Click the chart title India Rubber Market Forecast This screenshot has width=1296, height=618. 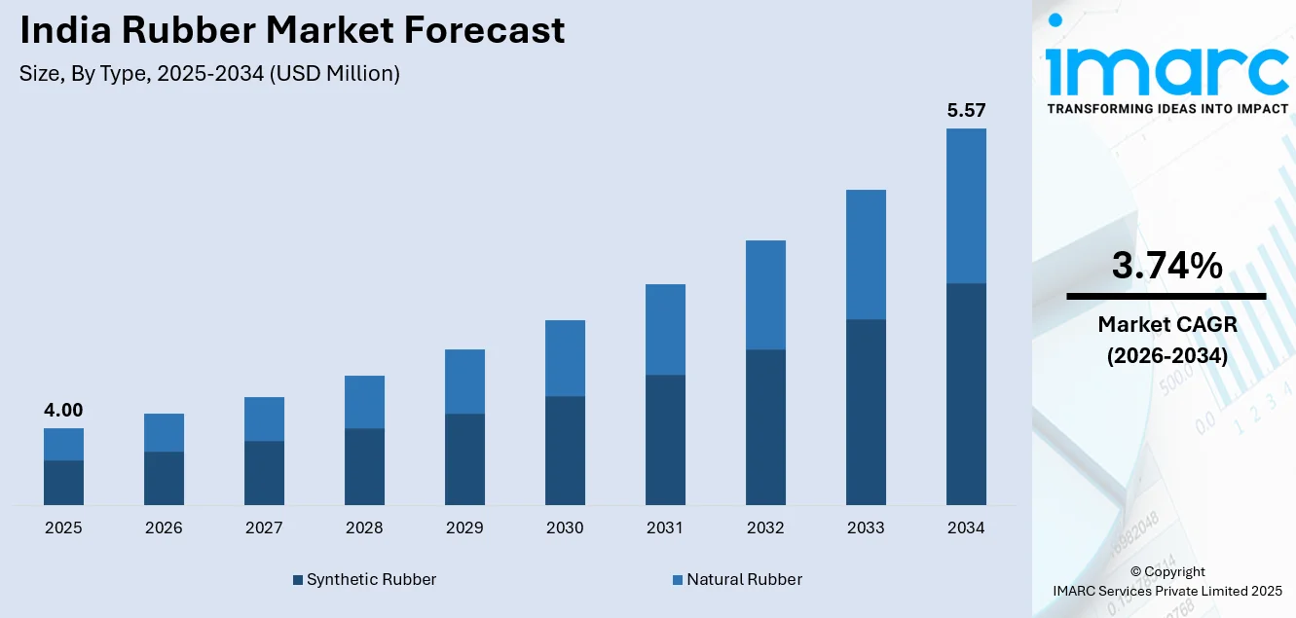coord(292,30)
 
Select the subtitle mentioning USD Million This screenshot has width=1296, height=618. coord(209,74)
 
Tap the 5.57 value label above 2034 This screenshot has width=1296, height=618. coord(966,111)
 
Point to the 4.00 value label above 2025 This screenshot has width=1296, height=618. coord(63,411)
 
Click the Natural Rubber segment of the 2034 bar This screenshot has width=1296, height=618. coord(966,205)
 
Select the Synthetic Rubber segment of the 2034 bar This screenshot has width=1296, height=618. coord(966,394)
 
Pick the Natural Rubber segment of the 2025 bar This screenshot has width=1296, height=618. coord(63,444)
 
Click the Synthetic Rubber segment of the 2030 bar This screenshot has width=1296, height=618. coord(565,451)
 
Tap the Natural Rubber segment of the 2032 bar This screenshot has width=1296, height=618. coord(765,295)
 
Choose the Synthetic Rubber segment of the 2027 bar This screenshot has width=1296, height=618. coord(264,473)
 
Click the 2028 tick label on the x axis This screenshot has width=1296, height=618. coord(364,528)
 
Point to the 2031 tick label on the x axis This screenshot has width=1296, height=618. coord(665,528)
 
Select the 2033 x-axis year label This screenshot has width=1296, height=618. coord(866,528)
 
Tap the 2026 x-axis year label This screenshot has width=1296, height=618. coord(164,528)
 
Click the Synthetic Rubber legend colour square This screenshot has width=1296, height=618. coord(298,580)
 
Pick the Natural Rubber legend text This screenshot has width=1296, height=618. coord(744,580)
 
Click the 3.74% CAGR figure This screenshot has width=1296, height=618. coord(1166,266)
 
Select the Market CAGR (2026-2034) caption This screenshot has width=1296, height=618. coord(1166,340)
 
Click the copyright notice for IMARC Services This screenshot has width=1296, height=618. coord(1166,581)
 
